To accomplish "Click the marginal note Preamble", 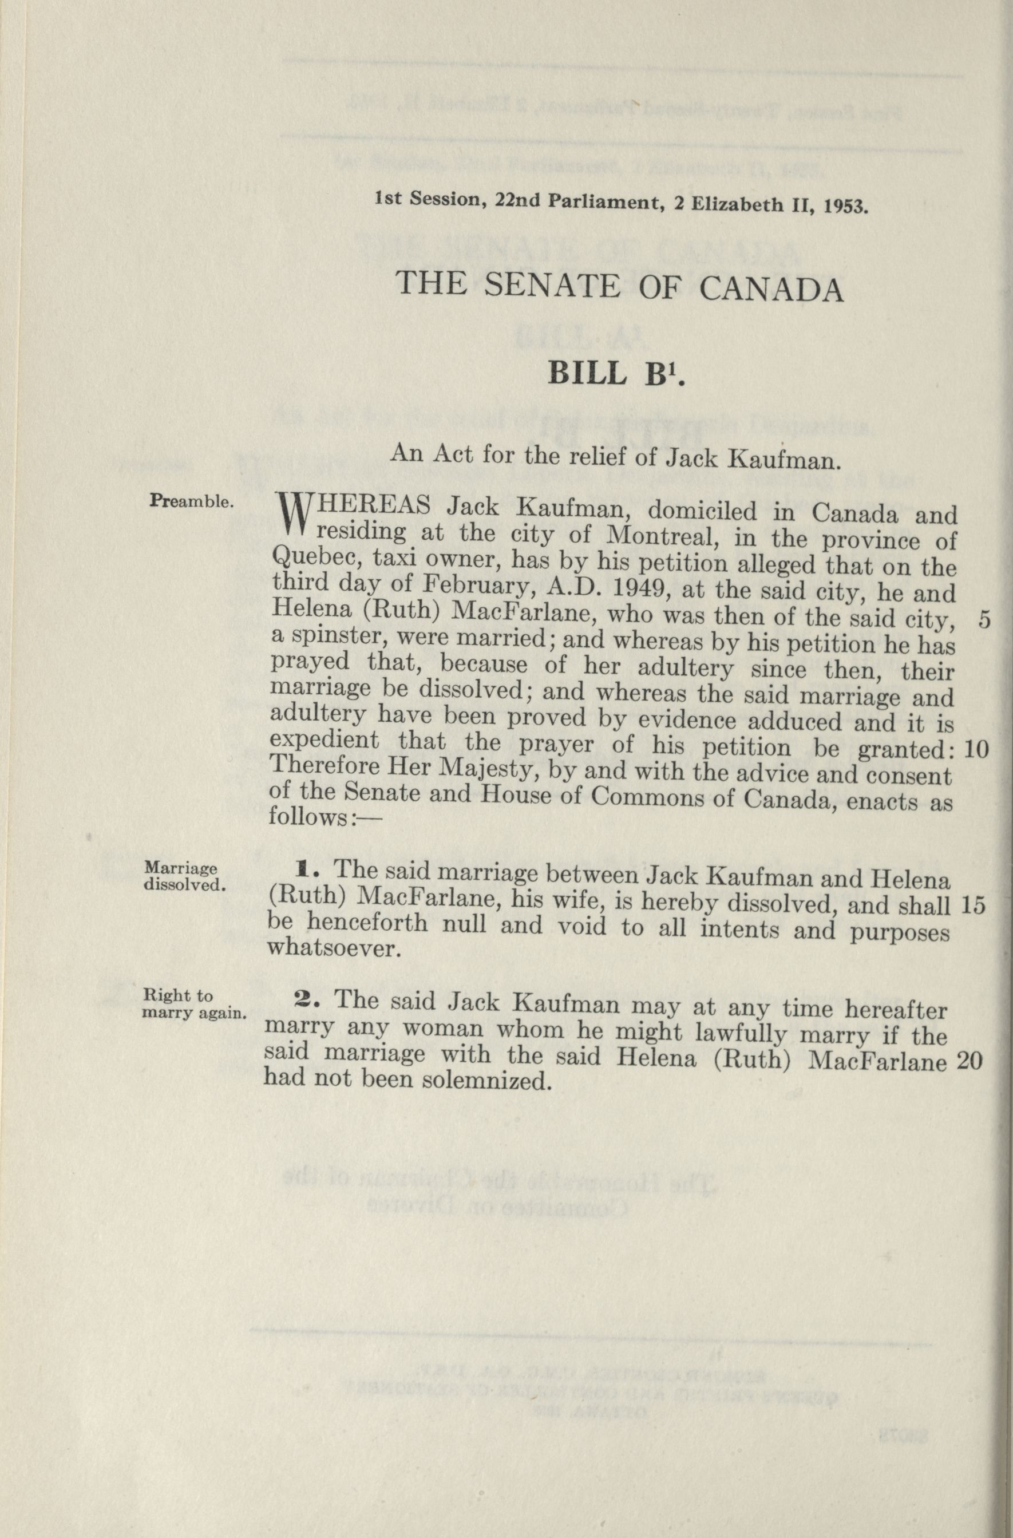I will [191, 501].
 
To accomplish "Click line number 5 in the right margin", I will [983, 620].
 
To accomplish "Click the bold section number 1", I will [305, 871].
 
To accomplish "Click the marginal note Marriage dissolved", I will [184, 876].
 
